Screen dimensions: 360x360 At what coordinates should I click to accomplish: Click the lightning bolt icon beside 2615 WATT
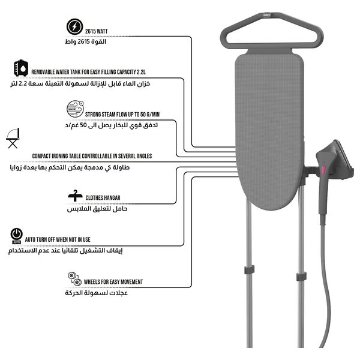tap(74, 27)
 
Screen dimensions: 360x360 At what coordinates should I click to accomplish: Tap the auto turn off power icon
tap(17, 235)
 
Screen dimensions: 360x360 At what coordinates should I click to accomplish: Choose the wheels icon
tap(74, 278)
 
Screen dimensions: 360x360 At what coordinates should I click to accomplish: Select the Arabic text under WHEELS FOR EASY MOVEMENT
tap(96, 293)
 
